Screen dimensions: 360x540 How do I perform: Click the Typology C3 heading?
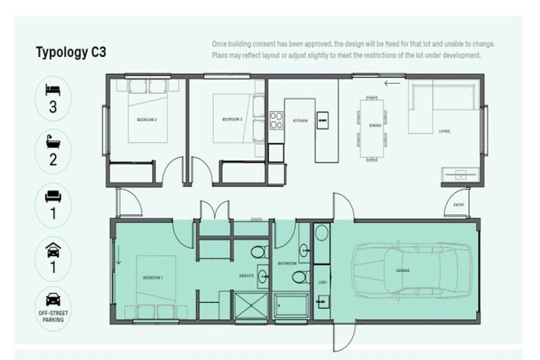pyautogui.click(x=70, y=52)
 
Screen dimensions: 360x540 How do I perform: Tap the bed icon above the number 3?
pyautogui.click(x=53, y=89)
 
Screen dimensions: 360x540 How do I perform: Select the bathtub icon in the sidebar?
pyautogui.click(x=53, y=141)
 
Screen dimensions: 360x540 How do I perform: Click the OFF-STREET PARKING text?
pyautogui.click(x=53, y=316)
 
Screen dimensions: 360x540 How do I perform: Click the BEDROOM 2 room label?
pyautogui.click(x=146, y=120)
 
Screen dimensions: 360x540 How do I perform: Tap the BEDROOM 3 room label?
pyautogui.click(x=232, y=120)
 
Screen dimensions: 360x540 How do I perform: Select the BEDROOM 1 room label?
pyautogui.click(x=153, y=278)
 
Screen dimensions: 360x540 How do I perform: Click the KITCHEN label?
pyautogui.click(x=300, y=121)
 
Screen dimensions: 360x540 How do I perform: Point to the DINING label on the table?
pyautogui.click(x=375, y=126)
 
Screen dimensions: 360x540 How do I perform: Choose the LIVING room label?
pyautogui.click(x=444, y=131)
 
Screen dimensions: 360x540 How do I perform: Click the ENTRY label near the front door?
pyautogui.click(x=459, y=205)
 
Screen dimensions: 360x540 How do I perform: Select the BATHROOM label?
pyautogui.click(x=287, y=264)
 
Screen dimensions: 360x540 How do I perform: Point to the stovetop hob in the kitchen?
pyautogui.click(x=276, y=121)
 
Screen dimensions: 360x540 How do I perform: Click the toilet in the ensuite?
pyautogui.click(x=258, y=252)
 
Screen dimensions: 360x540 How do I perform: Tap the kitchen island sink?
pyautogui.click(x=323, y=120)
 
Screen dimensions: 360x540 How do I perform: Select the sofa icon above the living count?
pyautogui.click(x=53, y=195)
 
